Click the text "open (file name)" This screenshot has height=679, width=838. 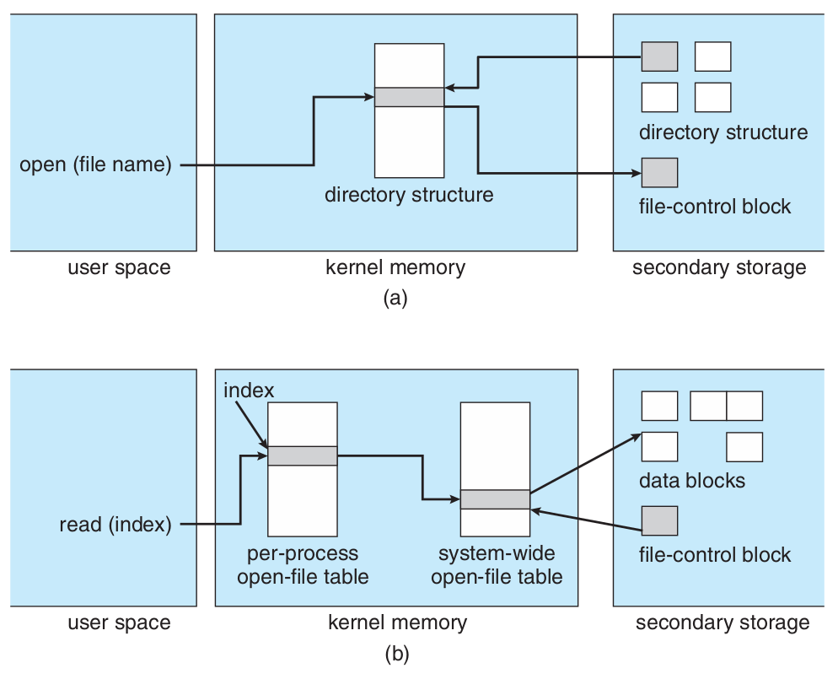[x=95, y=164]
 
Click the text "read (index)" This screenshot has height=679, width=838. [x=115, y=525]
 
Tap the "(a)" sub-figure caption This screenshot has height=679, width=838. [x=395, y=298]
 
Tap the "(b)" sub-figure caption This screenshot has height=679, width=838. [x=396, y=652]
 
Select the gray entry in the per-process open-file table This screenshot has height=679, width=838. [x=302, y=455]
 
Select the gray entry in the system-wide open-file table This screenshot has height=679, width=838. [x=495, y=498]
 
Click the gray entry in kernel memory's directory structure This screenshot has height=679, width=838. [x=409, y=97]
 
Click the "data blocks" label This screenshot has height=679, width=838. [x=692, y=481]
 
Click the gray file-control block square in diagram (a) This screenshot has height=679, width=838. [x=659, y=172]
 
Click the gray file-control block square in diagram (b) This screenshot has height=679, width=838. [x=659, y=520]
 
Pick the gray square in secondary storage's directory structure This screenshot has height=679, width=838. [x=659, y=56]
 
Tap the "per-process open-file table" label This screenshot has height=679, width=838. [x=302, y=565]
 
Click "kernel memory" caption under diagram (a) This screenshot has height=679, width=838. [x=395, y=268]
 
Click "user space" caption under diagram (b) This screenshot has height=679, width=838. [x=119, y=623]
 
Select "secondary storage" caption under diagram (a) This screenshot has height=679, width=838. [x=719, y=268]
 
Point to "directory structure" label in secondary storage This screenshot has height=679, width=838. [x=723, y=132]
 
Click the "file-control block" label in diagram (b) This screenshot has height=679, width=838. [x=715, y=554]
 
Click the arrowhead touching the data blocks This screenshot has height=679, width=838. [x=637, y=437]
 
